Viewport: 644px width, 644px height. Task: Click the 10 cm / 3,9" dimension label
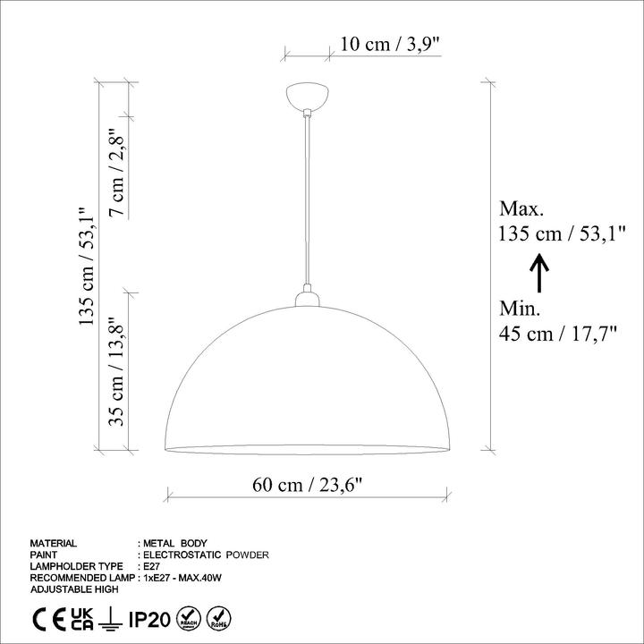[391, 44]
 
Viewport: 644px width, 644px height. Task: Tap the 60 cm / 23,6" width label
[308, 485]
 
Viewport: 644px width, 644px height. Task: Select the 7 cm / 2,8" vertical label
[116, 172]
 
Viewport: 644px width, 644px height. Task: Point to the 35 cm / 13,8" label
[116, 371]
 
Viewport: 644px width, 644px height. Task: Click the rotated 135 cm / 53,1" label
[87, 267]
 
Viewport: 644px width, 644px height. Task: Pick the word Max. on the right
[521, 208]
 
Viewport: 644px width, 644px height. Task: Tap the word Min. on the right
[520, 308]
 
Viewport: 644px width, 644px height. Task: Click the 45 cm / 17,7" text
[558, 333]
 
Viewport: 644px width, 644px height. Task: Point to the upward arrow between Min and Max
[538, 273]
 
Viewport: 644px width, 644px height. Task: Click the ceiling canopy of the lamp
[307, 96]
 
